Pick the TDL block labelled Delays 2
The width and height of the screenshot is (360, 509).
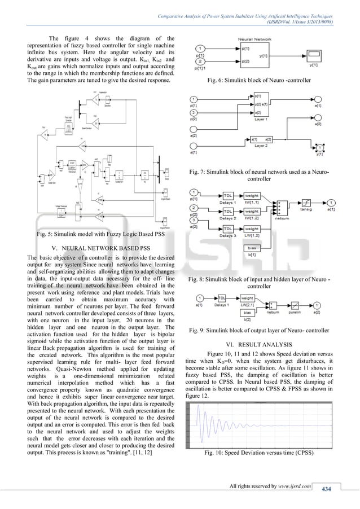[x=229, y=216]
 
